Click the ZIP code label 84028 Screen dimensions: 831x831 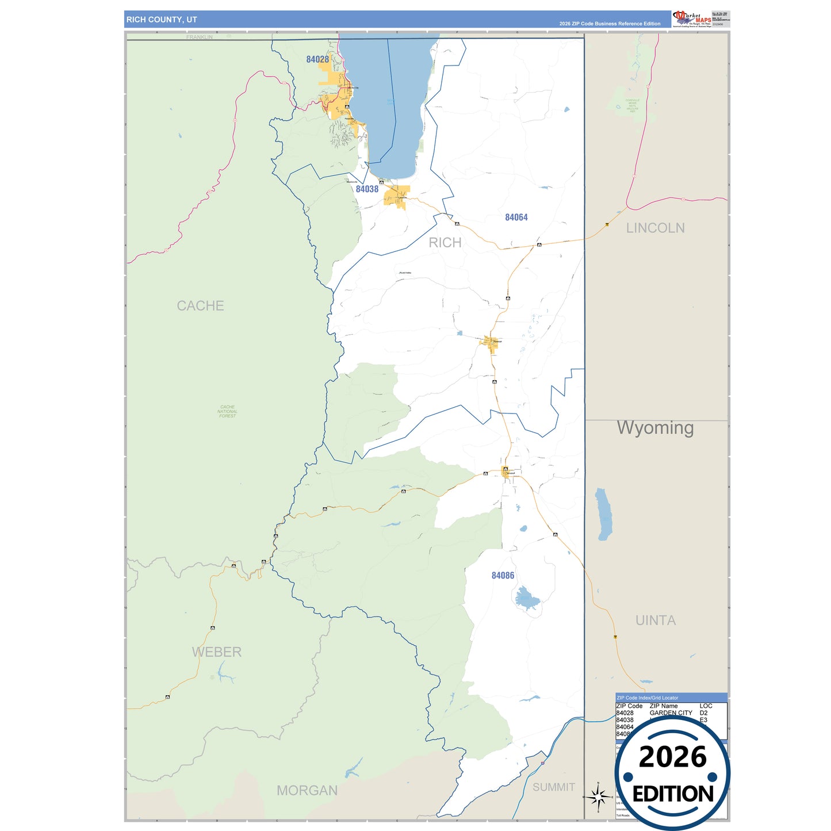(x=317, y=59)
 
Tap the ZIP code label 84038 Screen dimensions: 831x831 (x=367, y=189)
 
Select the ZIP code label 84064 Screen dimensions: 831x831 (x=516, y=217)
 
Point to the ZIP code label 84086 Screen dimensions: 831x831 (x=503, y=576)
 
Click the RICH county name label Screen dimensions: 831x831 (x=445, y=243)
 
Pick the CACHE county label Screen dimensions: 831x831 (x=200, y=306)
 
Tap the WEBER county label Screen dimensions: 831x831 (x=216, y=652)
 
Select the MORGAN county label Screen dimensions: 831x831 (x=307, y=791)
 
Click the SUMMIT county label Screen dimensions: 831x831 (x=553, y=787)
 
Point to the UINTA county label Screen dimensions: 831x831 (x=656, y=621)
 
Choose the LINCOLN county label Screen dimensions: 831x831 (x=655, y=228)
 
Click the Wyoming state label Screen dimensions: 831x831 (x=655, y=428)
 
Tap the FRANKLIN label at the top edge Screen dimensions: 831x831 (x=199, y=37)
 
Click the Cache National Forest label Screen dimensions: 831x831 (x=227, y=411)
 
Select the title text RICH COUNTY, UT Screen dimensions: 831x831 (x=162, y=20)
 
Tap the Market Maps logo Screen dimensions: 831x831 (x=691, y=18)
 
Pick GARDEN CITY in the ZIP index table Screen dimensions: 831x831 (x=671, y=713)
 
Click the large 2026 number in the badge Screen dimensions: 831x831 (x=672, y=757)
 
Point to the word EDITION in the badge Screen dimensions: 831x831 (x=673, y=794)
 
